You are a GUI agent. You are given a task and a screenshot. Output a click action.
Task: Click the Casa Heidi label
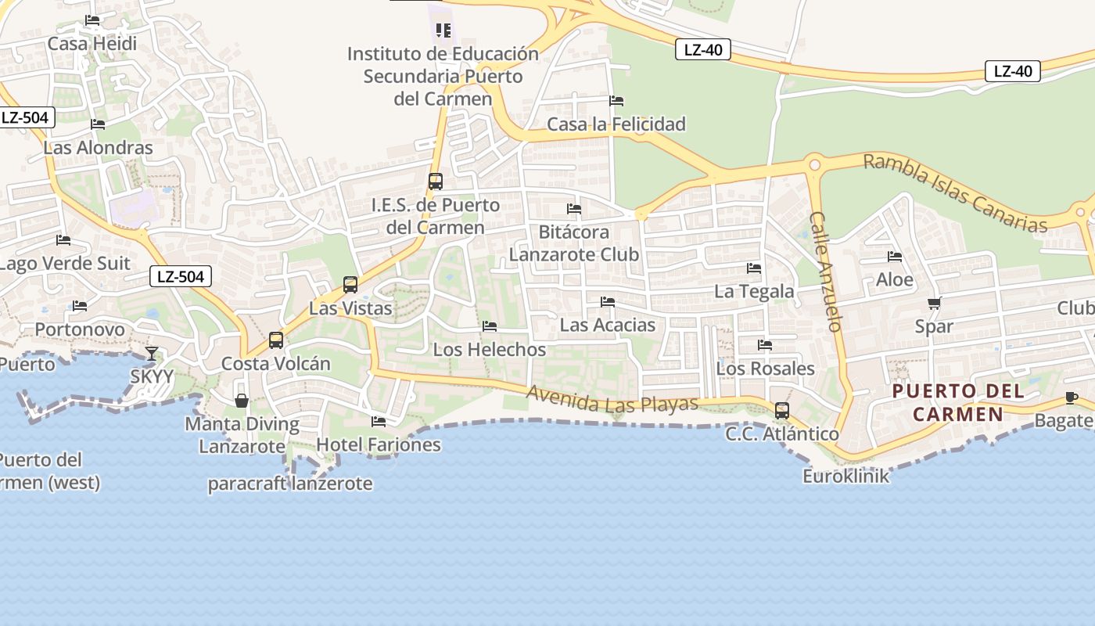[92, 44]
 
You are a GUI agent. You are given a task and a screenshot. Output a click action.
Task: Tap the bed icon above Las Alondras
[98, 124]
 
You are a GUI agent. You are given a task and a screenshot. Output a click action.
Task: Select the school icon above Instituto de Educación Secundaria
[443, 31]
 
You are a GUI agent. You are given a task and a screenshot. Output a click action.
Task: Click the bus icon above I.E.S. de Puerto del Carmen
[436, 182]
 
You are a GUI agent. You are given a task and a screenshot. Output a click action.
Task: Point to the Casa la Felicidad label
[616, 124]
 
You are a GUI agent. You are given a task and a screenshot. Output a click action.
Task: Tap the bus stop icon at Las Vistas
[350, 285]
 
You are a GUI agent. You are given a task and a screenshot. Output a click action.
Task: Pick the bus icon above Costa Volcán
[276, 340]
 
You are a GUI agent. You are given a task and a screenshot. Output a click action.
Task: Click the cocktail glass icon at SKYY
[152, 354]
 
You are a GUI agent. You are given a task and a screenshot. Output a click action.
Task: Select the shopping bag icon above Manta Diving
[242, 401]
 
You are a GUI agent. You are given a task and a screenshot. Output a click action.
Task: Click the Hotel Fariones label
[379, 445]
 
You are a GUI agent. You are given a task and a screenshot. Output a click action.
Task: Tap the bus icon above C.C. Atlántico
[782, 411]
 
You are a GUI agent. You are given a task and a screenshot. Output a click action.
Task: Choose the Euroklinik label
[846, 476]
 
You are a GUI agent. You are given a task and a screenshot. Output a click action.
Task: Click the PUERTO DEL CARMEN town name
[958, 402]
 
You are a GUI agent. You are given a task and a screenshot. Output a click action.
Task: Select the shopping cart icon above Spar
[935, 304]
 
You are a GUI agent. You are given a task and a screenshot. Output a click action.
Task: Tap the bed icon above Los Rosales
[765, 345]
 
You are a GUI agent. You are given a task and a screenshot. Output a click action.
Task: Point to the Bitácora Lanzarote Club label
[574, 243]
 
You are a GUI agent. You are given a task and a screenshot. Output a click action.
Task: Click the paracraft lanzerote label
[290, 484]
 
